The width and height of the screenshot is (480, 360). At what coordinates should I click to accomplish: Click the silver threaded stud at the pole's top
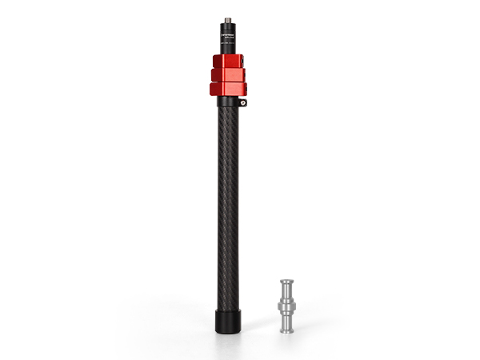click(x=228, y=20)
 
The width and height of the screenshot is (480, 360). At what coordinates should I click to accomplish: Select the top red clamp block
click(x=228, y=62)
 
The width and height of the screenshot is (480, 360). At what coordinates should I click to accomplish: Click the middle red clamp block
click(x=228, y=75)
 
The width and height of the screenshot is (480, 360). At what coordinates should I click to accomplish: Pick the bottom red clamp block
click(x=228, y=88)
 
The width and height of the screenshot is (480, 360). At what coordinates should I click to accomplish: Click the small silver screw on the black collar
click(x=242, y=102)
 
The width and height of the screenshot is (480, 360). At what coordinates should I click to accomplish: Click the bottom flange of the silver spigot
click(x=286, y=328)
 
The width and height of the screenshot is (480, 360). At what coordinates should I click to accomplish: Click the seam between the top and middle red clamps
click(x=228, y=69)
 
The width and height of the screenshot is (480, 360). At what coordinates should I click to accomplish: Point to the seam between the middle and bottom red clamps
click(x=228, y=82)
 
